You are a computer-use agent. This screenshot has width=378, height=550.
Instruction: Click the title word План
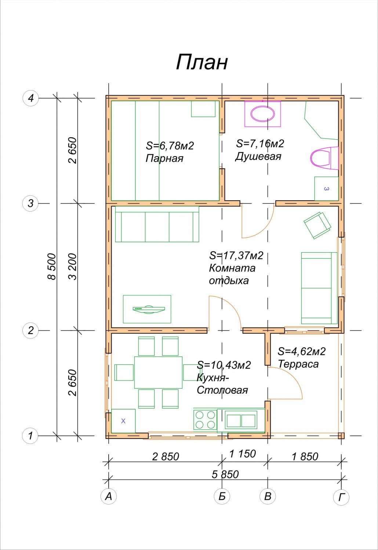click(x=202, y=62)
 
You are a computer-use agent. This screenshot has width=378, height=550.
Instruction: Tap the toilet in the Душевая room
click(x=324, y=158)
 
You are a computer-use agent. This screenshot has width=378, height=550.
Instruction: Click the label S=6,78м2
click(x=170, y=146)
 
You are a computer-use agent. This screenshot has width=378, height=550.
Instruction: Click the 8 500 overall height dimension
click(x=52, y=267)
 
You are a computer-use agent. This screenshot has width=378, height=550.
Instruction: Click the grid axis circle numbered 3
click(x=30, y=203)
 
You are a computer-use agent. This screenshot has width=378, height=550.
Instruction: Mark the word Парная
click(x=164, y=159)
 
